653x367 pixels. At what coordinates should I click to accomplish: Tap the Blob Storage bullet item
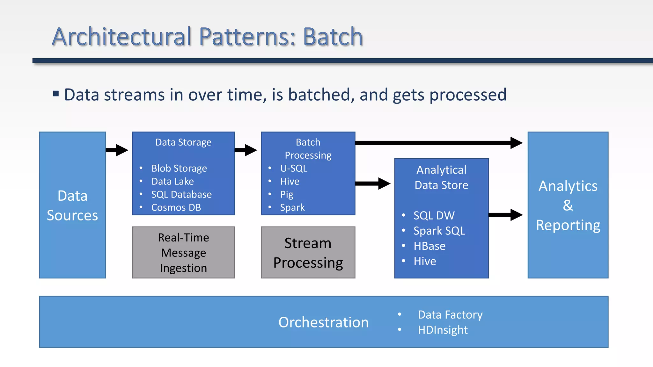[x=179, y=168]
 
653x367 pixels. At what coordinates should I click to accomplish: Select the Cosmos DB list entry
[x=176, y=207]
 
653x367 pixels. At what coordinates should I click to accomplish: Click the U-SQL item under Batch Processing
[x=294, y=168]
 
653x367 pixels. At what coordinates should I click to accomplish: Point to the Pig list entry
[x=287, y=194]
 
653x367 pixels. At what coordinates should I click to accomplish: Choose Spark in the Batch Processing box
[x=292, y=207]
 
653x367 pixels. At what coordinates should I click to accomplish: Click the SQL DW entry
[x=434, y=215]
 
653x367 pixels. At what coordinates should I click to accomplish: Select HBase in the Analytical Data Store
[x=429, y=246]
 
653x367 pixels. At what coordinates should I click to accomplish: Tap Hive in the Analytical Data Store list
[x=425, y=261]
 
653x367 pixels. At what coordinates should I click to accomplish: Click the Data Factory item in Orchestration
[x=450, y=315]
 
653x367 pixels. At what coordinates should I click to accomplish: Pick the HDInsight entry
[x=443, y=330]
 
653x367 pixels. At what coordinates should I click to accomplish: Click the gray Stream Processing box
[x=308, y=253]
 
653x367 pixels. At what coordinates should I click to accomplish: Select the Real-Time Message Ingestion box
[x=183, y=253]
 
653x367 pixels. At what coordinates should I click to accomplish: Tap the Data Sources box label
[x=72, y=205]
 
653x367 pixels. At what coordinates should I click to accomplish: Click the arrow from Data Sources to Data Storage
[x=117, y=150]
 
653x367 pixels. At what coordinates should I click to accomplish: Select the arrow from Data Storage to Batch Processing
[x=246, y=150]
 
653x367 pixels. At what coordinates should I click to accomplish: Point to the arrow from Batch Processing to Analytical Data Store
[x=372, y=183]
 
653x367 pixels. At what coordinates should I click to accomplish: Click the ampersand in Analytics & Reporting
[x=568, y=205]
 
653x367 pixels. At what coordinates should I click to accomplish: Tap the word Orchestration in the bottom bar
[x=323, y=322]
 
